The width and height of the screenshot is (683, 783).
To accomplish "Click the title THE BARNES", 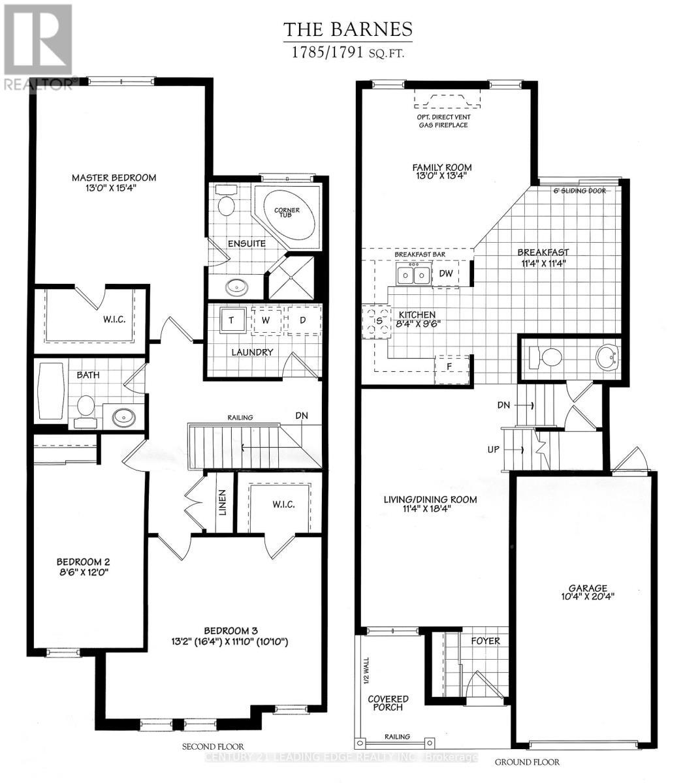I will pos(347,29).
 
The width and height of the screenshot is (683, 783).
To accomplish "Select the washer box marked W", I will pos(266,320).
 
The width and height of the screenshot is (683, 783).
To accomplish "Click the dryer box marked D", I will pos(303,320).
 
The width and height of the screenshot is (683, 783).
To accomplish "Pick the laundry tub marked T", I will pos(231,320).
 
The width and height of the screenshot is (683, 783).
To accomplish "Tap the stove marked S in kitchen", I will pos(377,320).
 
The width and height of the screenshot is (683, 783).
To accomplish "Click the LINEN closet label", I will pos(222,502).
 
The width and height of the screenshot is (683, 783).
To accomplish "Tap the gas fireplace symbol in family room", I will pos(447,100).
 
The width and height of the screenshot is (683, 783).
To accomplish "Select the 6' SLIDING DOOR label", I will pos(579,191).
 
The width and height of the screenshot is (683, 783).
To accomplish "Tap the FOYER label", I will pos(485,641).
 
